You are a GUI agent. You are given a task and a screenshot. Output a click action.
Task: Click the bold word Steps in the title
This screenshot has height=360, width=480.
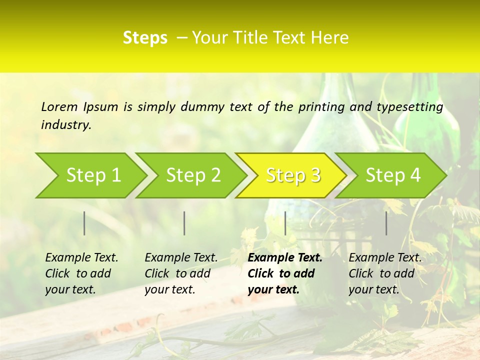click(x=145, y=38)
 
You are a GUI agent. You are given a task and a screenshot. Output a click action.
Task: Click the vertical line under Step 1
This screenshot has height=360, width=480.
click(x=84, y=223)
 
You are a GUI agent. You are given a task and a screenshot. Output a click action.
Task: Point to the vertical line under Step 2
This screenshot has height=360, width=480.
click(x=184, y=223)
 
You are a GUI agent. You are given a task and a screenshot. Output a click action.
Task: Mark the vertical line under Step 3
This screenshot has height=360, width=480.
click(x=285, y=223)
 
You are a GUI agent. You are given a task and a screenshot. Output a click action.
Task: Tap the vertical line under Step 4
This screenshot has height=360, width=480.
click(x=386, y=223)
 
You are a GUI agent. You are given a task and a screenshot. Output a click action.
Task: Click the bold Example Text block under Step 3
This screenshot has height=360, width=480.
click(x=285, y=273)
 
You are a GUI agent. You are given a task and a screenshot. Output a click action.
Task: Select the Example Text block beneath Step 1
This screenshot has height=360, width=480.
click(x=81, y=273)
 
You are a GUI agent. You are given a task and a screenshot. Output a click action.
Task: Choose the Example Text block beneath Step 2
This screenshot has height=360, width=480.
click(x=181, y=273)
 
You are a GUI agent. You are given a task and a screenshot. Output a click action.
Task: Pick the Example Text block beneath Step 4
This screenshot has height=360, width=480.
click(x=385, y=273)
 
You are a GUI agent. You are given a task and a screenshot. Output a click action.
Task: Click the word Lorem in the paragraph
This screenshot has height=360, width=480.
click(x=59, y=106)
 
